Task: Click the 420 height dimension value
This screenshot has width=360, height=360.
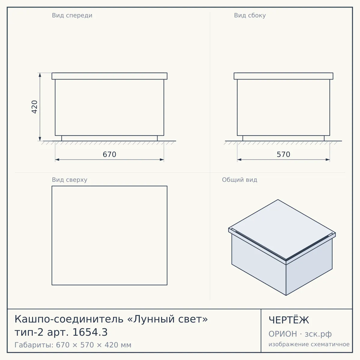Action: tap(34, 107)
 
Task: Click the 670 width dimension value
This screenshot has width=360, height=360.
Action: tap(109, 154)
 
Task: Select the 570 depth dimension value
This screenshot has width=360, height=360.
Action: tap(283, 154)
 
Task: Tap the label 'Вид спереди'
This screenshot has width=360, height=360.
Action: tap(72, 15)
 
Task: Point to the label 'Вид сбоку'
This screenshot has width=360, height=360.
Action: tap(250, 15)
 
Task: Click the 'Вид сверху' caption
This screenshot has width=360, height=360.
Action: tap(70, 180)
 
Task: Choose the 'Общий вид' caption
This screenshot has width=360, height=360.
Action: tap(239, 180)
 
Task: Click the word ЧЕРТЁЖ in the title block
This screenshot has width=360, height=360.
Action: tap(289, 320)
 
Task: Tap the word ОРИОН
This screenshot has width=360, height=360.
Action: tap(283, 334)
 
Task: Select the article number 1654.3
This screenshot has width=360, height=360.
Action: tap(90, 332)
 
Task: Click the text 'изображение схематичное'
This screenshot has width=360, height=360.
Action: tap(309, 344)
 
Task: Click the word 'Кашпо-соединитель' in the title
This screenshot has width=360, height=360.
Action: tap(69, 319)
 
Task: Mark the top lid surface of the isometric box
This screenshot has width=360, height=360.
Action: tap(282, 229)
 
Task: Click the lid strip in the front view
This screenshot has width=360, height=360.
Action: tap(109, 76)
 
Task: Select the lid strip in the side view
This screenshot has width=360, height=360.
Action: tap(283, 76)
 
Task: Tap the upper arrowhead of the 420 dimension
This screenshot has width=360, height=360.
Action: tap(40, 75)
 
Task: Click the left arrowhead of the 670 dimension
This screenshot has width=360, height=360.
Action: tap(57, 160)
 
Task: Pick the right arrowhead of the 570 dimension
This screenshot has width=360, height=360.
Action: tap(328, 160)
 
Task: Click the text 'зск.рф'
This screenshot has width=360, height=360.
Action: tap(318, 334)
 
